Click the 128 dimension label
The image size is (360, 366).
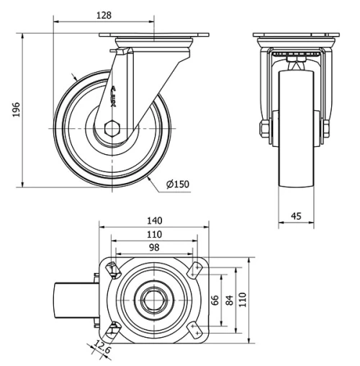pos(104,14)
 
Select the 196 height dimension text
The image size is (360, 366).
pos(15,109)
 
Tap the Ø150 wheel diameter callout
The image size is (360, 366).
pos(177,184)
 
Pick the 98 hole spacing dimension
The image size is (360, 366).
pos(153,247)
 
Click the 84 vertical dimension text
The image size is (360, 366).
pos(229,300)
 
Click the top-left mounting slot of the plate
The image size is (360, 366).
pos(112,270)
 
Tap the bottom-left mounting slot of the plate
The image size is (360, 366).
pos(112,329)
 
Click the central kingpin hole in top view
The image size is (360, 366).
pos(153,300)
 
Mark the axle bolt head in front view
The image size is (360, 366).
pos(264,130)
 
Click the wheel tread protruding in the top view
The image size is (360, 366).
pos(76,300)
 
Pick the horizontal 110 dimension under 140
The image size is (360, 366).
pos(154,234)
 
